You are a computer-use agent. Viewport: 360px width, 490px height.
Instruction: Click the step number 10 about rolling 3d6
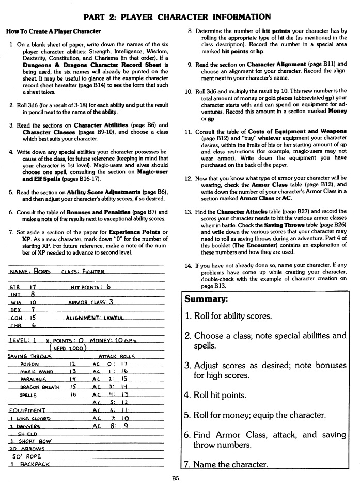189,91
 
